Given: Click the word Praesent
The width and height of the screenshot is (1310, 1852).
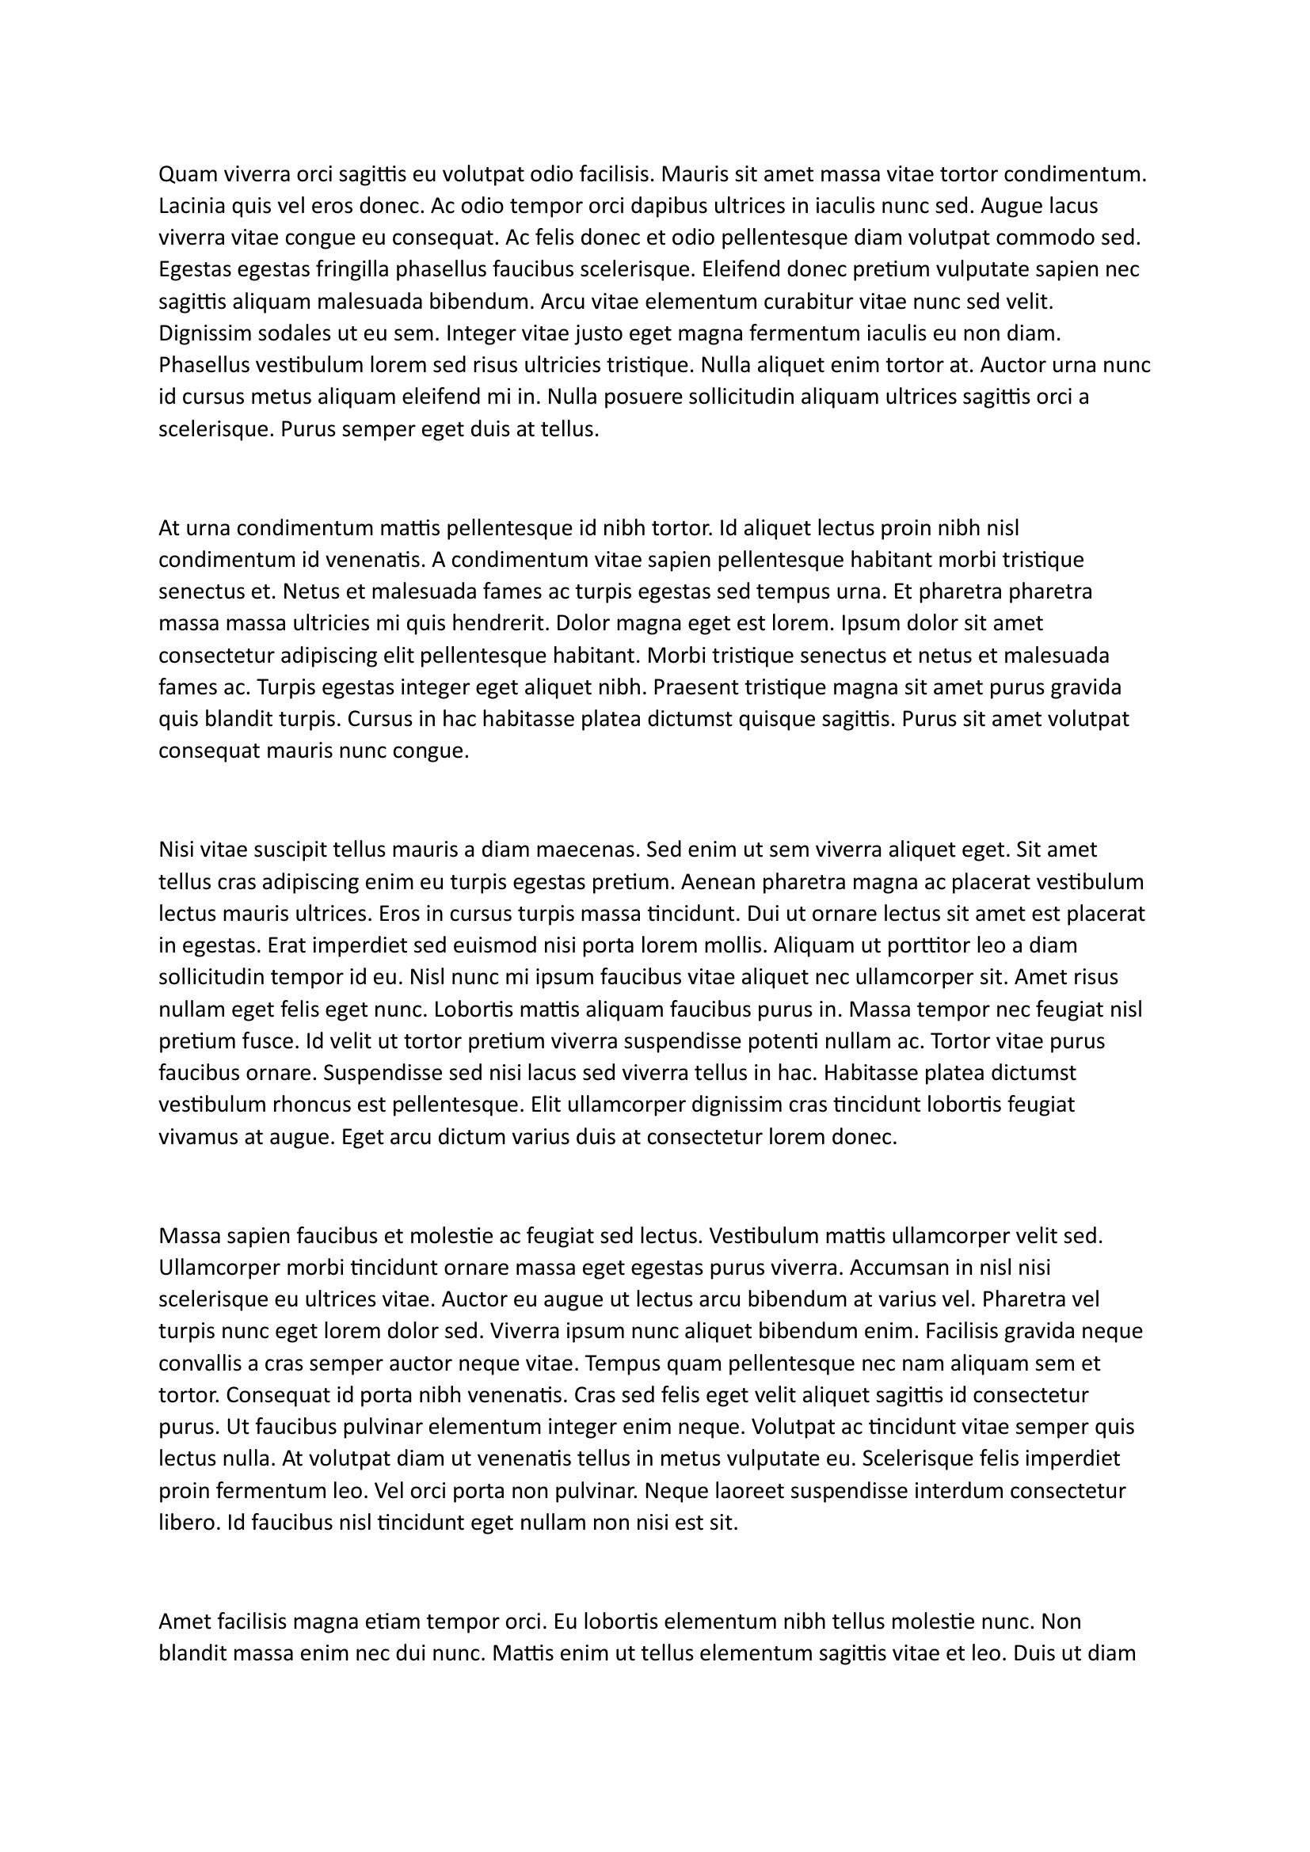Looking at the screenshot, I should tap(691, 687).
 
